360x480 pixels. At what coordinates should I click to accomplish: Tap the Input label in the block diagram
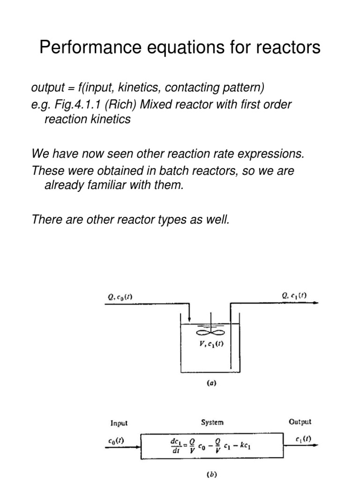(119, 423)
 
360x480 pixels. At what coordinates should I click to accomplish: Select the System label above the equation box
(212, 422)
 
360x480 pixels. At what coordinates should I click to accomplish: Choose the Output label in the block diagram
(300, 422)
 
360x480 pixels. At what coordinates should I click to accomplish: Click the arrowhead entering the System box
(139, 442)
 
